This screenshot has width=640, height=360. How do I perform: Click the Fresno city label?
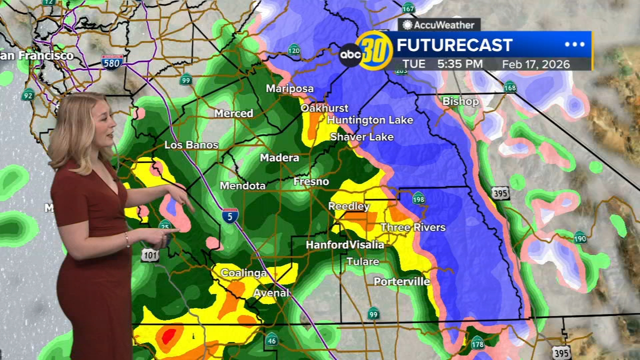311,181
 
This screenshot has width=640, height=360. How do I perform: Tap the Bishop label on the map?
460,101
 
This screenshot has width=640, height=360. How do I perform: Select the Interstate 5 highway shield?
230,215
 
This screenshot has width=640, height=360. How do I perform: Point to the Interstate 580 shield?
112,62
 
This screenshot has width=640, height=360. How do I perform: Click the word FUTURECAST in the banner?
454,45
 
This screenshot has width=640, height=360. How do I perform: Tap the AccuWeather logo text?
438,25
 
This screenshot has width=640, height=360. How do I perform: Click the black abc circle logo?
350,55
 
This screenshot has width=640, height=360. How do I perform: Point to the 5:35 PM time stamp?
459,64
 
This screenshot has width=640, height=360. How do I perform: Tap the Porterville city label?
401,281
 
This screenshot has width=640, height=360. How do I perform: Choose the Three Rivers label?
412,227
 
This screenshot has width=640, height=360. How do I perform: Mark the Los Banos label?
191,145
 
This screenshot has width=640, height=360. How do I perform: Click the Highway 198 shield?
418,198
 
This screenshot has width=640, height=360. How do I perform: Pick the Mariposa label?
289,88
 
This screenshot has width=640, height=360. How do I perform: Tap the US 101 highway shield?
150,255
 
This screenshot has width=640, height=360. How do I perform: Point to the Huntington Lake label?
370,120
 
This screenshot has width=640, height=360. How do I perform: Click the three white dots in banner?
574,44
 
